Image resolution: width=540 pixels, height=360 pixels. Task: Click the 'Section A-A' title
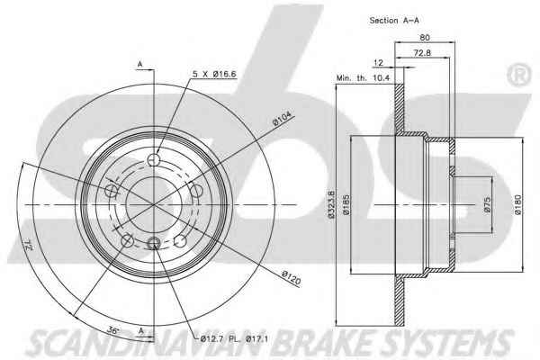pos(394,21)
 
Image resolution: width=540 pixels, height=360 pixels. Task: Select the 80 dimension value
pos(425,37)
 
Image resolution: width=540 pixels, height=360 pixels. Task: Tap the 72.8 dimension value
pos(422,53)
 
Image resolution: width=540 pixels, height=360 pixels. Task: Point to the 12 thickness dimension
pos(378,63)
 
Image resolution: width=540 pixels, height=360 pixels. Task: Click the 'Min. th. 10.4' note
pos(363,78)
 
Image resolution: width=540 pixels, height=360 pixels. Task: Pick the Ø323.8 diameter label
pos(331,204)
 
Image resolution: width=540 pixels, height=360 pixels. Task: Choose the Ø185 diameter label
pos(346,204)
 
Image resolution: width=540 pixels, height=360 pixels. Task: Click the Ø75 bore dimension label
pos(487,205)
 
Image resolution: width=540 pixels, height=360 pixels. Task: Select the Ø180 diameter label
pos(518,204)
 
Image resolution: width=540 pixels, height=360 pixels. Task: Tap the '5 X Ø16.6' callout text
pos(214,74)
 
